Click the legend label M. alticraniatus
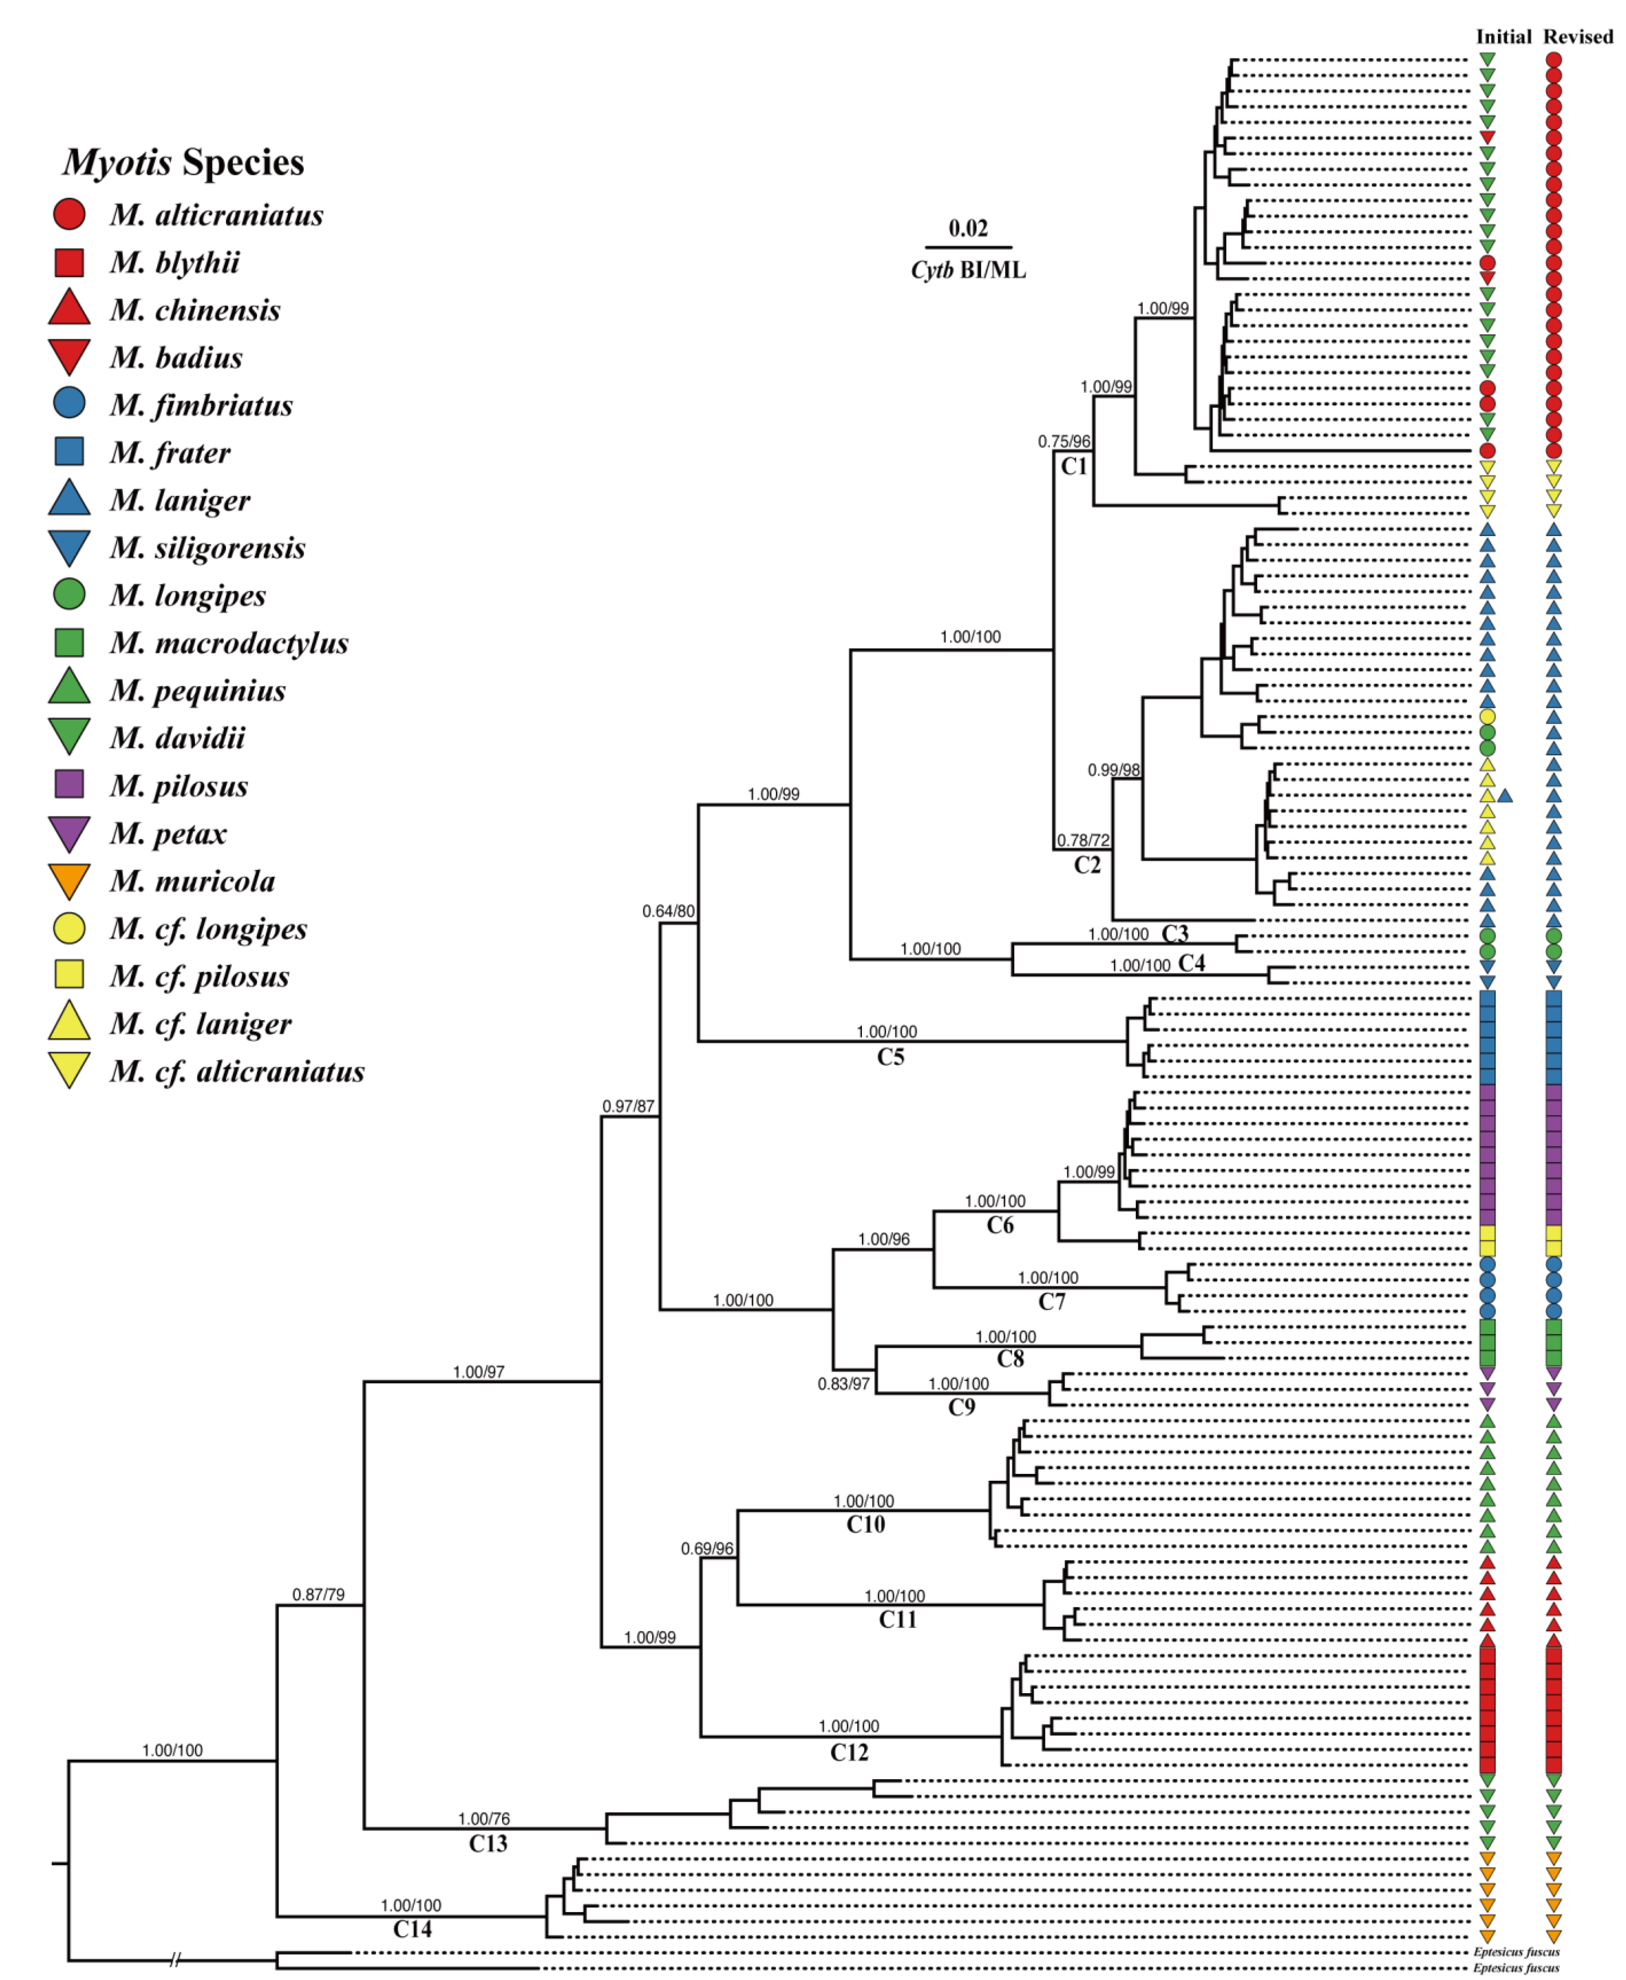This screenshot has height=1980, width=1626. pyautogui.click(x=216, y=215)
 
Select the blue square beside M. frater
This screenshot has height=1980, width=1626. pyautogui.click(x=69, y=452)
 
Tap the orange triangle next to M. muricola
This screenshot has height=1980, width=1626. pyautogui.click(x=69, y=879)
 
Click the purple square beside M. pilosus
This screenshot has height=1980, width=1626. pyautogui.click(x=69, y=783)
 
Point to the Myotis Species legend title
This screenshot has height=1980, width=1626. pyautogui.click(x=184, y=162)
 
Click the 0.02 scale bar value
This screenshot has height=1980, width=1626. pyautogui.click(x=968, y=229)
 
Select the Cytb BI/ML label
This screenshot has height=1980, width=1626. pyautogui.click(x=968, y=270)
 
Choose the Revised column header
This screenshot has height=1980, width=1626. pyautogui.click(x=1578, y=37)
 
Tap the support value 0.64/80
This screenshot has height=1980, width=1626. pyautogui.click(x=668, y=911)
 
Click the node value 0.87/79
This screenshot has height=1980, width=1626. pyautogui.click(x=318, y=1594)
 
